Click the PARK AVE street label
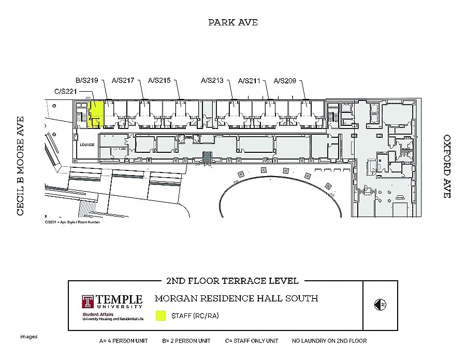coord(232,22)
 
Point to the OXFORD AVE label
coord(447,166)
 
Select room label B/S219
coord(86,80)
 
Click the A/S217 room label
coord(123,80)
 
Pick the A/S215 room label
coord(159,80)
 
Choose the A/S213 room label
coord(212,80)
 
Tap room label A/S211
coord(249,81)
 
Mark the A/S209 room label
coord(285,80)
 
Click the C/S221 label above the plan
coord(66,91)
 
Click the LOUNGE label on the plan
coord(86,145)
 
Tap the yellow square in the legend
coord(161,315)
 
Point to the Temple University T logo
coord(88,303)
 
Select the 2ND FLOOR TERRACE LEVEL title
coord(232,281)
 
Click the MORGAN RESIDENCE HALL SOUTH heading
coord(236,298)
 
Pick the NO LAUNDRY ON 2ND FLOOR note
coord(329,341)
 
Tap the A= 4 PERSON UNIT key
coord(124,341)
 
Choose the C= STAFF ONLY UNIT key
coord(251,341)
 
